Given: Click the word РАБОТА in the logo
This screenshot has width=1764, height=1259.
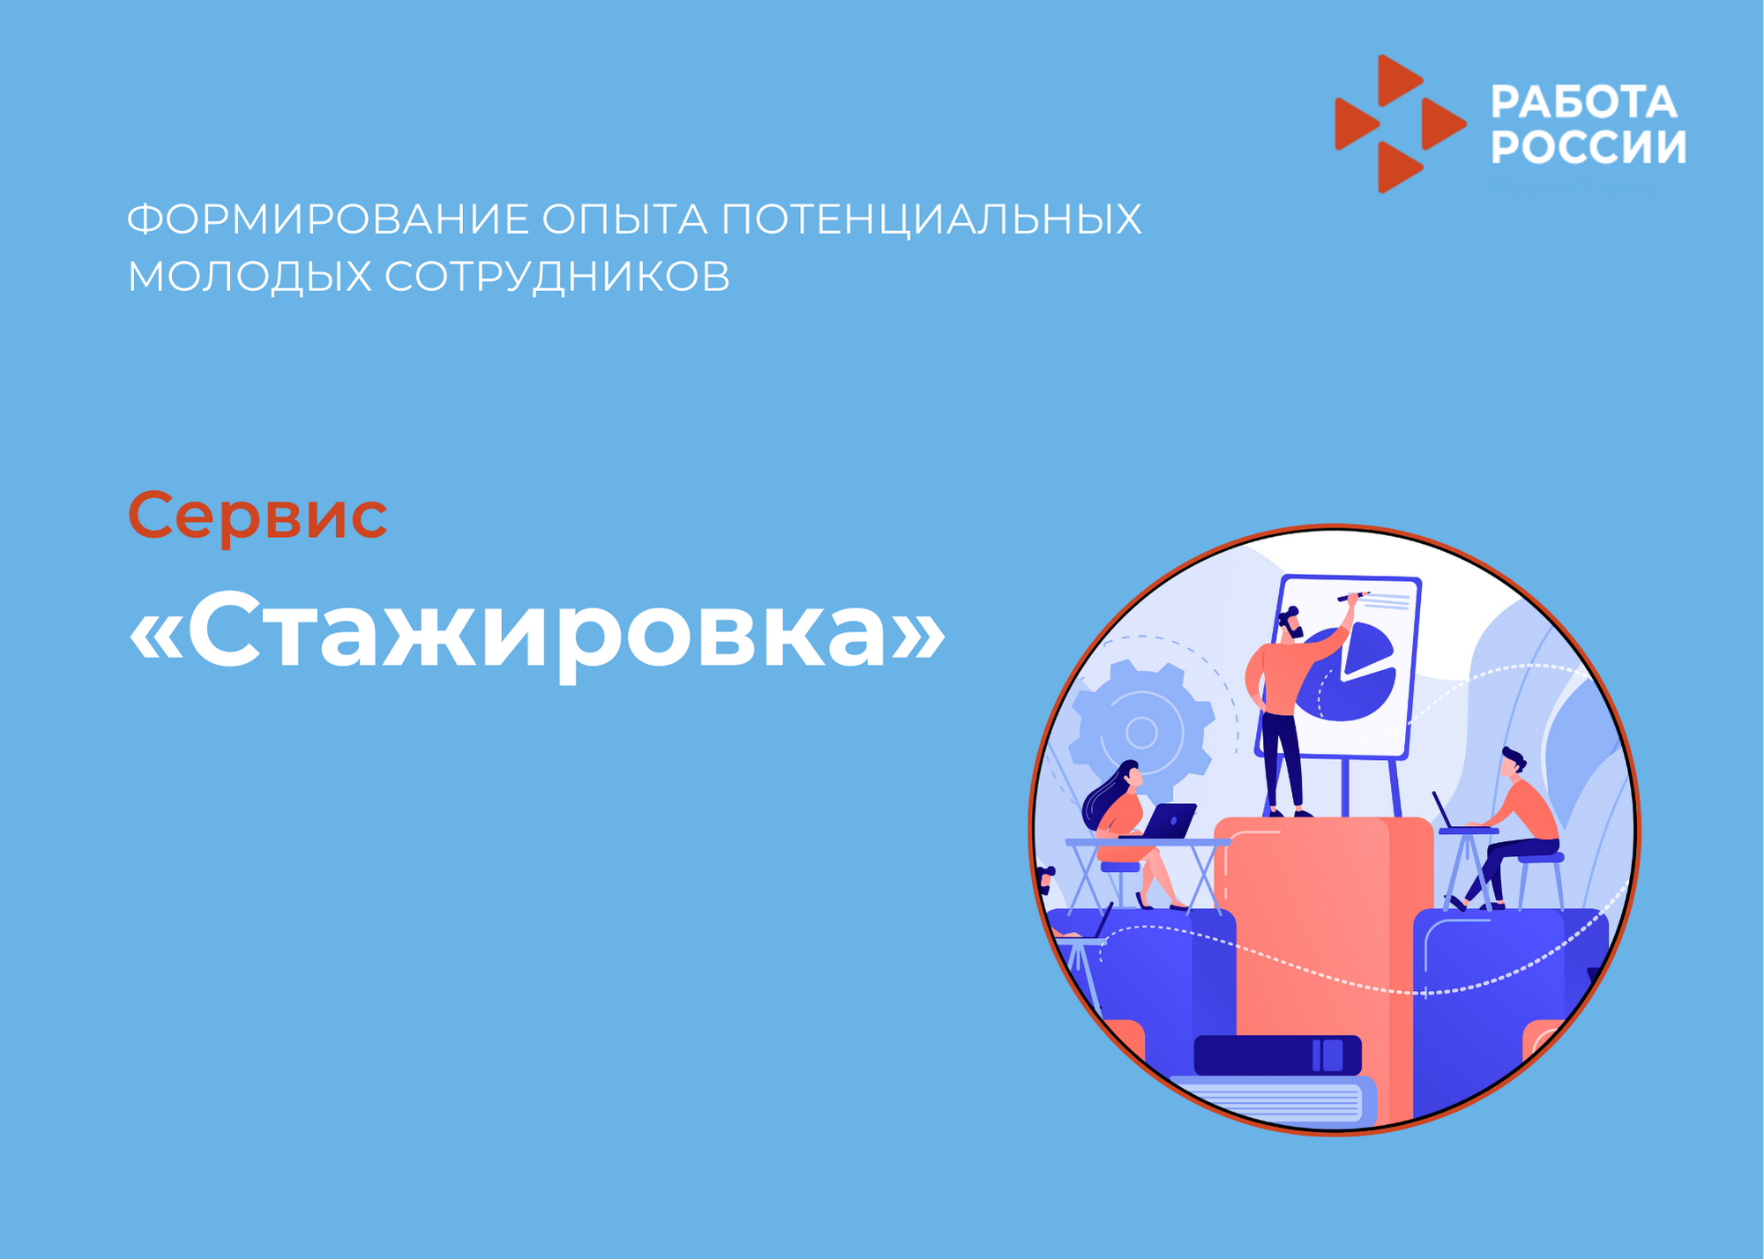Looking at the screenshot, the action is [1584, 102].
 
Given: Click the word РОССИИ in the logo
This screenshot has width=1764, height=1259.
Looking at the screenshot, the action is [1588, 146].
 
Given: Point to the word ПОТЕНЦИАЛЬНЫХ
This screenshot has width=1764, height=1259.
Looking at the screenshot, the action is [931, 220].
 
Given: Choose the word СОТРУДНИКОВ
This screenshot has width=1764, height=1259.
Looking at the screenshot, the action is [557, 276].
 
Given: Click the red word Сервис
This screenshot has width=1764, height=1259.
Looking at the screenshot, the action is [258, 515].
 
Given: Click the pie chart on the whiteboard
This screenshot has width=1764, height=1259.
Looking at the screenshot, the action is [1347, 673].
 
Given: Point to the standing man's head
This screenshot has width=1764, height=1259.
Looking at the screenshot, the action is [1291, 622].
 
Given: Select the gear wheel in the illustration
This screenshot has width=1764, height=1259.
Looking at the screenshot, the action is [1141, 731].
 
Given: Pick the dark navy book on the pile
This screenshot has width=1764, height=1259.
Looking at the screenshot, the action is [1277, 1055].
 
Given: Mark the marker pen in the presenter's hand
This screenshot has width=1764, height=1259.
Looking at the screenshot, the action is [1354, 597].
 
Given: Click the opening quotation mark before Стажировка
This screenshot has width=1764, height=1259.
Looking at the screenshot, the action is [157, 636].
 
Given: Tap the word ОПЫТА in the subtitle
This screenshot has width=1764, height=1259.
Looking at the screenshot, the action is [624, 219].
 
